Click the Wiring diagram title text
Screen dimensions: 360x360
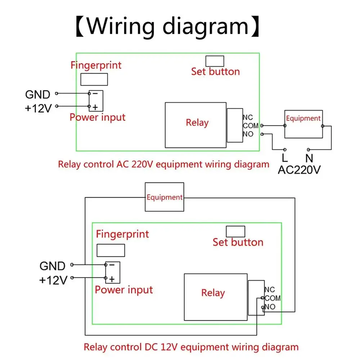tap(167, 26)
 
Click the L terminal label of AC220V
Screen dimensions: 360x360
tap(284, 158)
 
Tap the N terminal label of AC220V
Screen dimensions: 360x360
tap(308, 158)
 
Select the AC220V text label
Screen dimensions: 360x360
tap(299, 170)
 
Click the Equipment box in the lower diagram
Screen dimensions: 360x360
tap(165, 197)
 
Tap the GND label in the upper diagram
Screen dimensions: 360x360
tap(37, 95)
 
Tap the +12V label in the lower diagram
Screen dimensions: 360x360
tap(53, 280)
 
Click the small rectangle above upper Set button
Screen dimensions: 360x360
tap(215, 61)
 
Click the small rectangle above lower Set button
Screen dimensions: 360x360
tap(235, 231)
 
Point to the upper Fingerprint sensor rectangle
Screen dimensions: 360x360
tap(94, 79)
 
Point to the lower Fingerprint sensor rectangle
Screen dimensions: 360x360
tap(111, 250)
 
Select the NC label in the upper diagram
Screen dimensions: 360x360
tap(248, 117)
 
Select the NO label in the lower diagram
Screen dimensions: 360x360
tap(270, 307)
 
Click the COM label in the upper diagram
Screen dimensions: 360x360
tap(251, 126)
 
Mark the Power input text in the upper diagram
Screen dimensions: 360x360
tap(98, 117)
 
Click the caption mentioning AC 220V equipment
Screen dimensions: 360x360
tap(163, 165)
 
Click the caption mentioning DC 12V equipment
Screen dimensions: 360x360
tap(191, 347)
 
